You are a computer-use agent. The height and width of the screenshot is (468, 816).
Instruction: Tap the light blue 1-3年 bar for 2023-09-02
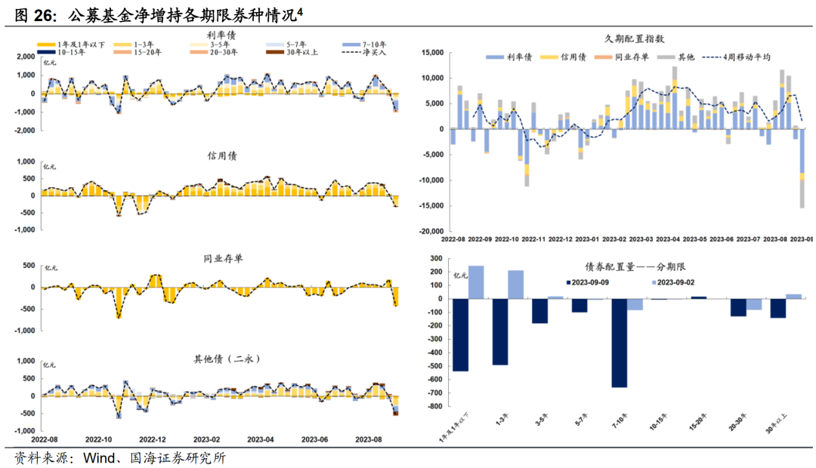click(515, 285)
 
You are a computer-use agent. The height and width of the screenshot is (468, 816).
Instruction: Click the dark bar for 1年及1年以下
click(459, 334)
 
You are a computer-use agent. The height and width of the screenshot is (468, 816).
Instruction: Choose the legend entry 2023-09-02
click(682, 282)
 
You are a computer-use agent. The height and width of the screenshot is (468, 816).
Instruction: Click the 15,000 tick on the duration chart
click(431, 53)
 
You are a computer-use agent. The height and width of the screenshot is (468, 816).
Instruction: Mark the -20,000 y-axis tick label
click(429, 232)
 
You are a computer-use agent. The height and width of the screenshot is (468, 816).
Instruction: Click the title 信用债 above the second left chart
click(222, 155)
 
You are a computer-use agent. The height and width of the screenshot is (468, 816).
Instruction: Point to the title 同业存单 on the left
click(222, 258)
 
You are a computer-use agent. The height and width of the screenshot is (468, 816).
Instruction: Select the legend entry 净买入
click(366, 52)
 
